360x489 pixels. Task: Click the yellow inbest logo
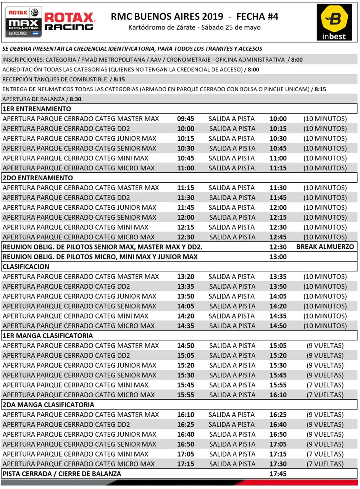[334, 22]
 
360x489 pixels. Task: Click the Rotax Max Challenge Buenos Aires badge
[23, 22]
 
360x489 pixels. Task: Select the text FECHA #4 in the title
[257, 16]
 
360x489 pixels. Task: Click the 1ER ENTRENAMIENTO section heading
[37, 109]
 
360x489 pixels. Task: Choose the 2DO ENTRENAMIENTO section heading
[37, 178]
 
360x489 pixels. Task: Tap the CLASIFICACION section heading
[26, 266]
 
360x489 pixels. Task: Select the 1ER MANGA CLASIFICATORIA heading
[48, 335]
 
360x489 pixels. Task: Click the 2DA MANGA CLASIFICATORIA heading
[48, 405]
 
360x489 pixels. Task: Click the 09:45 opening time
[186, 119]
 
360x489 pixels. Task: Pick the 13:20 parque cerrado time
[186, 276]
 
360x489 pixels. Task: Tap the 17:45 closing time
[278, 474]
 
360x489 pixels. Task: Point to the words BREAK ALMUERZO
[325, 247]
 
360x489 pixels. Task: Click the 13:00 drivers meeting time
[278, 257]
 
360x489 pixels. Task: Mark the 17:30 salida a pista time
[278, 464]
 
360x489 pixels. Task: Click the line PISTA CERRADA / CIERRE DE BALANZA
[62, 474]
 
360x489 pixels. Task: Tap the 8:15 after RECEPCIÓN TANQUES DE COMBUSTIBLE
[119, 79]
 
